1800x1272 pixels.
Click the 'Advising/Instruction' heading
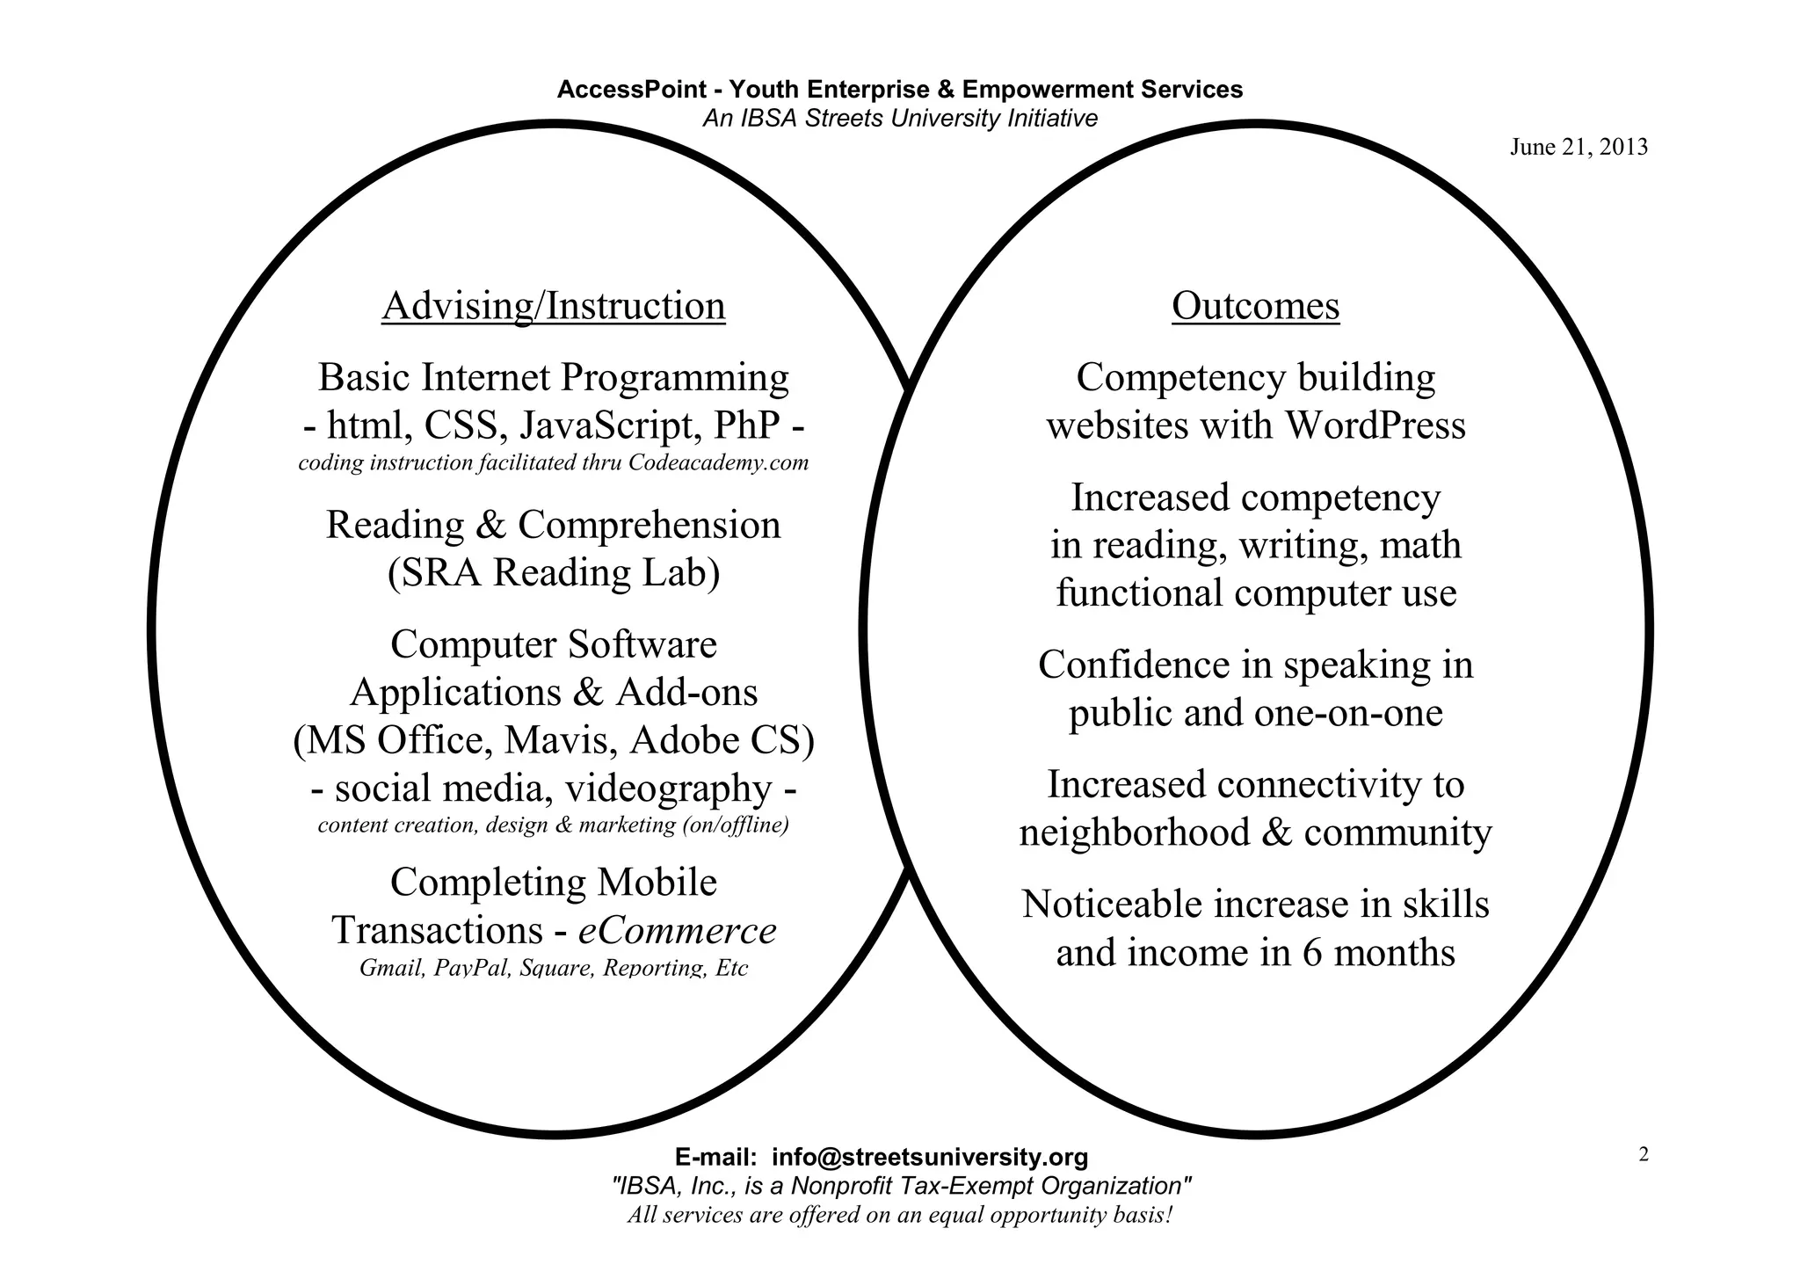tap(554, 307)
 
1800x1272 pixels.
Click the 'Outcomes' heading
tap(1255, 307)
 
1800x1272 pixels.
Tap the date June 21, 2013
tap(1579, 148)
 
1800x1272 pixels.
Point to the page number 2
tap(1644, 1155)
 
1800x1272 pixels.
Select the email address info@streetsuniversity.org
tap(929, 1157)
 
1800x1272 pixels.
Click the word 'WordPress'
tap(1375, 426)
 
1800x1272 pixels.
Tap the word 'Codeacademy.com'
tap(718, 463)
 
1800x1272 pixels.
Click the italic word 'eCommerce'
tap(677, 931)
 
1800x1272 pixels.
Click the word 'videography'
tap(668, 789)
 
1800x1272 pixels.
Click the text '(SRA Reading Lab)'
tap(554, 573)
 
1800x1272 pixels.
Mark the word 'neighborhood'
tap(1134, 832)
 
